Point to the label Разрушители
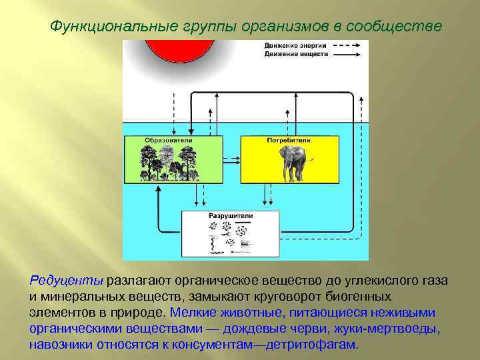tap(231, 217)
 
